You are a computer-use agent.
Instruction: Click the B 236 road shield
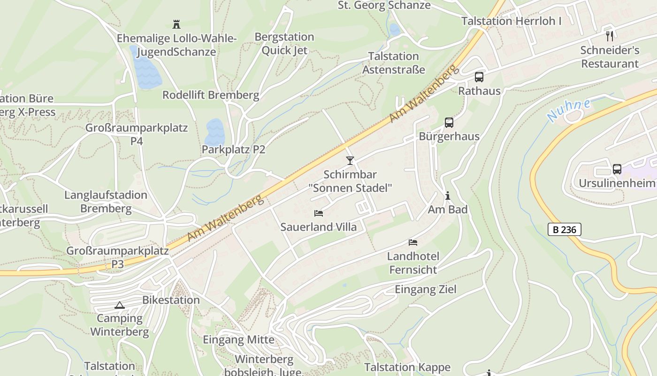point(564,229)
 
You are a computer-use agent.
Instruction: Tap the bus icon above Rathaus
point(479,77)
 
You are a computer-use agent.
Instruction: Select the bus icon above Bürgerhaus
point(449,123)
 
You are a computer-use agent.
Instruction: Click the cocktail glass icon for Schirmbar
point(350,161)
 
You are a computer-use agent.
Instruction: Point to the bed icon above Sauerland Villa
point(319,213)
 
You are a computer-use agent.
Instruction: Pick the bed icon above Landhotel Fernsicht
point(413,243)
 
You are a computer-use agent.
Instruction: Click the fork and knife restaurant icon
point(610,36)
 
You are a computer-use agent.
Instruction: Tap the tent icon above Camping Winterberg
point(120,305)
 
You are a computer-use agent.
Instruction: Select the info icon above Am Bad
point(447,196)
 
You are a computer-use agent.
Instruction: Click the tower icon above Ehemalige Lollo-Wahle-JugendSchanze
point(176,24)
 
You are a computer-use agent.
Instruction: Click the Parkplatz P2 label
point(233,149)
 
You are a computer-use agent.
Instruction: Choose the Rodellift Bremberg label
point(211,95)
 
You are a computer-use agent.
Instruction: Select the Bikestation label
point(171,300)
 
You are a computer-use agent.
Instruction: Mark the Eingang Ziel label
point(425,289)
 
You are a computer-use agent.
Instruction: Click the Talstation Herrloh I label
point(511,21)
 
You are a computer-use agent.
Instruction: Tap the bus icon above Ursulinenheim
point(617,169)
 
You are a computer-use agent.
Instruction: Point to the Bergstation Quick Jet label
point(284,43)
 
